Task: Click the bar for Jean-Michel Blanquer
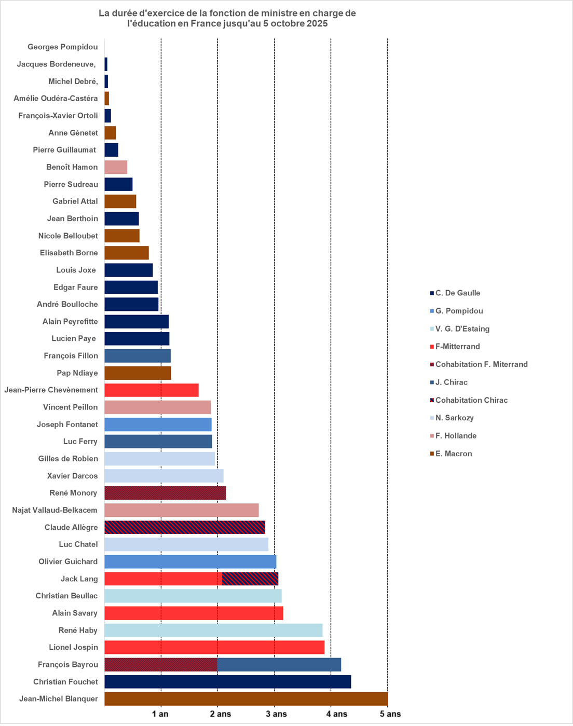[x=246, y=699]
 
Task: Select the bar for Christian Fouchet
[x=227, y=682]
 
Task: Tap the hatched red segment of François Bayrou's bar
[x=161, y=665]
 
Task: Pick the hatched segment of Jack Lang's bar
[x=250, y=579]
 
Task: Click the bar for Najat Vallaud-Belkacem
[x=182, y=510]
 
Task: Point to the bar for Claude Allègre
[x=185, y=527]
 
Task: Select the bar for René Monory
[x=165, y=493]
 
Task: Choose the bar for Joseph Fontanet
[x=158, y=424]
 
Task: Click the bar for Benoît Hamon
[x=116, y=167]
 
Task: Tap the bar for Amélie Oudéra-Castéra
[x=107, y=99]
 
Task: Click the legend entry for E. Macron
[x=453, y=454]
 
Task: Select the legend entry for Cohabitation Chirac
[x=471, y=400]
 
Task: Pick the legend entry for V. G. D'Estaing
[x=462, y=328]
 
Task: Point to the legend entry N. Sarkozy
[x=454, y=418]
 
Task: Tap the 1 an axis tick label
[x=160, y=714]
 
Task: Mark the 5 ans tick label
[x=390, y=714]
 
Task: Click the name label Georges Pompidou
[x=62, y=47]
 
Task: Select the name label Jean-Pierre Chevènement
[x=51, y=390]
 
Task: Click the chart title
[x=227, y=18]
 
